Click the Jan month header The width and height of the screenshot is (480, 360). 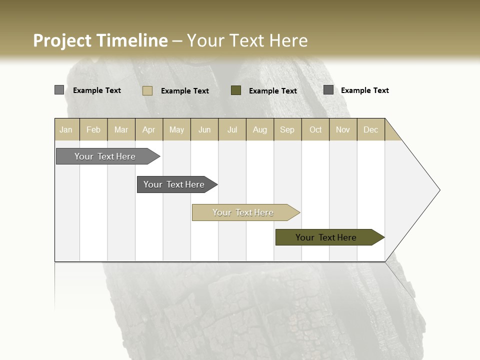(66, 129)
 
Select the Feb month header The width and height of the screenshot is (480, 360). (93, 129)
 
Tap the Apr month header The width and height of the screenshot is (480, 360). (149, 129)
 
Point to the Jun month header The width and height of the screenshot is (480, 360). (204, 129)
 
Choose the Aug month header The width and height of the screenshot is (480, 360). (260, 129)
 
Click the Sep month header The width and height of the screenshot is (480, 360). (287, 129)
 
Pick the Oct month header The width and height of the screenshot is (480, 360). (315, 129)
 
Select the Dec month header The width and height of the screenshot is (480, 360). (371, 129)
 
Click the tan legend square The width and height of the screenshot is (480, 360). (147, 90)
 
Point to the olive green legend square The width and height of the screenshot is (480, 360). (236, 90)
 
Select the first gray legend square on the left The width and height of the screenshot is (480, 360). (59, 90)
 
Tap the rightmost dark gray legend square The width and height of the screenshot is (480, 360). (328, 90)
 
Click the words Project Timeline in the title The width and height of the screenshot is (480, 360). (100, 40)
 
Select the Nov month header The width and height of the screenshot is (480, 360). (343, 129)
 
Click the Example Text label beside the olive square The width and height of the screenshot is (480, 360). (273, 91)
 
